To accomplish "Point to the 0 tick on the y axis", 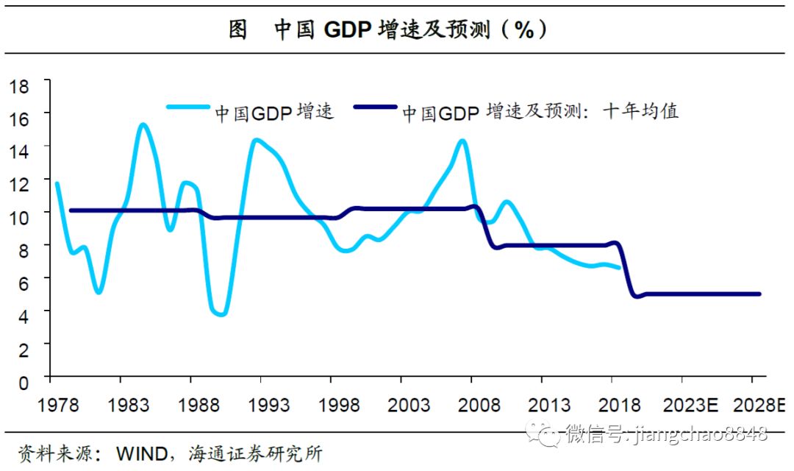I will tap(24, 381).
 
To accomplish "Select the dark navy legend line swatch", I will tap(376, 107).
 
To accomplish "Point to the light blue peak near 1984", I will tap(143, 124).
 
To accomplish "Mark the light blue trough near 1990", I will tap(220, 314).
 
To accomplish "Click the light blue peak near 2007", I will tap(462, 140).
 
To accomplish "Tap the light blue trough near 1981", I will tap(99, 292).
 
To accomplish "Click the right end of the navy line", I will tap(759, 294).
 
